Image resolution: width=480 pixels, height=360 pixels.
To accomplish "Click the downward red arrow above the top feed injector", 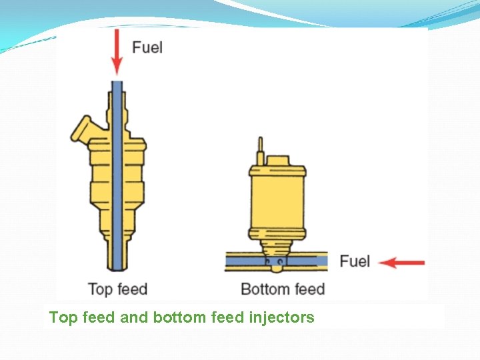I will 117,52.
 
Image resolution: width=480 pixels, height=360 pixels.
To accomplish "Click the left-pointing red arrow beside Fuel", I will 401,262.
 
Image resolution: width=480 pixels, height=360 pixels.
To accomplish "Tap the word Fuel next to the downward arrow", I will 147,47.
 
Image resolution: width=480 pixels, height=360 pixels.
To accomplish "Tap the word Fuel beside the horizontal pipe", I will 355,261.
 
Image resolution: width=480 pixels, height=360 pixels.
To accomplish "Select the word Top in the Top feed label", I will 100,289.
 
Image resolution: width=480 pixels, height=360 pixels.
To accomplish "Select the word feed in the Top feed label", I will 131,289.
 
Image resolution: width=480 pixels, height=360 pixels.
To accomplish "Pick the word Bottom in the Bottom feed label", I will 265,289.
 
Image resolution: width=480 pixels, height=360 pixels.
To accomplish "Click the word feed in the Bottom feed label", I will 309,289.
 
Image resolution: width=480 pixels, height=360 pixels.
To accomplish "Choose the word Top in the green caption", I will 63,317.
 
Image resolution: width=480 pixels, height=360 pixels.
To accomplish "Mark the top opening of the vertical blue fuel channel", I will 117,83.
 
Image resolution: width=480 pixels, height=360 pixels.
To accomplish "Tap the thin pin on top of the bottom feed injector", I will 261,149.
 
